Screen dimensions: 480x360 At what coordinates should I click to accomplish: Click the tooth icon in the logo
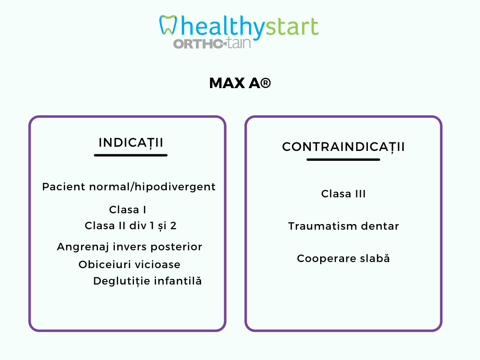pyautogui.click(x=168, y=25)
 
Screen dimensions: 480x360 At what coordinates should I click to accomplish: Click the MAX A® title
pyautogui.click(x=240, y=83)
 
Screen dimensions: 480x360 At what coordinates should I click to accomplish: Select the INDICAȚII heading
pyautogui.click(x=131, y=143)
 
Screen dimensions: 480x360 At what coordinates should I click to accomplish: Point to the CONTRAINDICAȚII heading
pyautogui.click(x=343, y=147)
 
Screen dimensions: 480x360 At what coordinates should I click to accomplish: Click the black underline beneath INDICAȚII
pyautogui.click(x=131, y=155)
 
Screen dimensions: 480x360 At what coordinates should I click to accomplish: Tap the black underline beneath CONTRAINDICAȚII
pyautogui.click(x=343, y=159)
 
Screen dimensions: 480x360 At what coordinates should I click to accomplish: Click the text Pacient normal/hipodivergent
pyautogui.click(x=129, y=187)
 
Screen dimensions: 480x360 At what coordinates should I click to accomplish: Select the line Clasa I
pyautogui.click(x=127, y=210)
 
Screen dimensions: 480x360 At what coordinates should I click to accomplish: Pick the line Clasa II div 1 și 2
pyautogui.click(x=131, y=226)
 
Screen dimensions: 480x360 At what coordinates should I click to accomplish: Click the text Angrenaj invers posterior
pyautogui.click(x=129, y=247)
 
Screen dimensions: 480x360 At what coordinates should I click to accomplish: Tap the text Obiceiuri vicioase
pyautogui.click(x=129, y=264)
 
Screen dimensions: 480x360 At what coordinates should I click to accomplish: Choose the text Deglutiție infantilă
pyautogui.click(x=148, y=281)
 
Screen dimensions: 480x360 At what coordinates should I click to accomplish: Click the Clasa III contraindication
pyautogui.click(x=343, y=194)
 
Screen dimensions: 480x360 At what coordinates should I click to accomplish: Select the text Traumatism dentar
pyautogui.click(x=344, y=226)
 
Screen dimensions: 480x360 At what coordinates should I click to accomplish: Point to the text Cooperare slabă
pyautogui.click(x=343, y=258)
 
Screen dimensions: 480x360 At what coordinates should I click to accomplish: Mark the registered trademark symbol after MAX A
pyautogui.click(x=266, y=83)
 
